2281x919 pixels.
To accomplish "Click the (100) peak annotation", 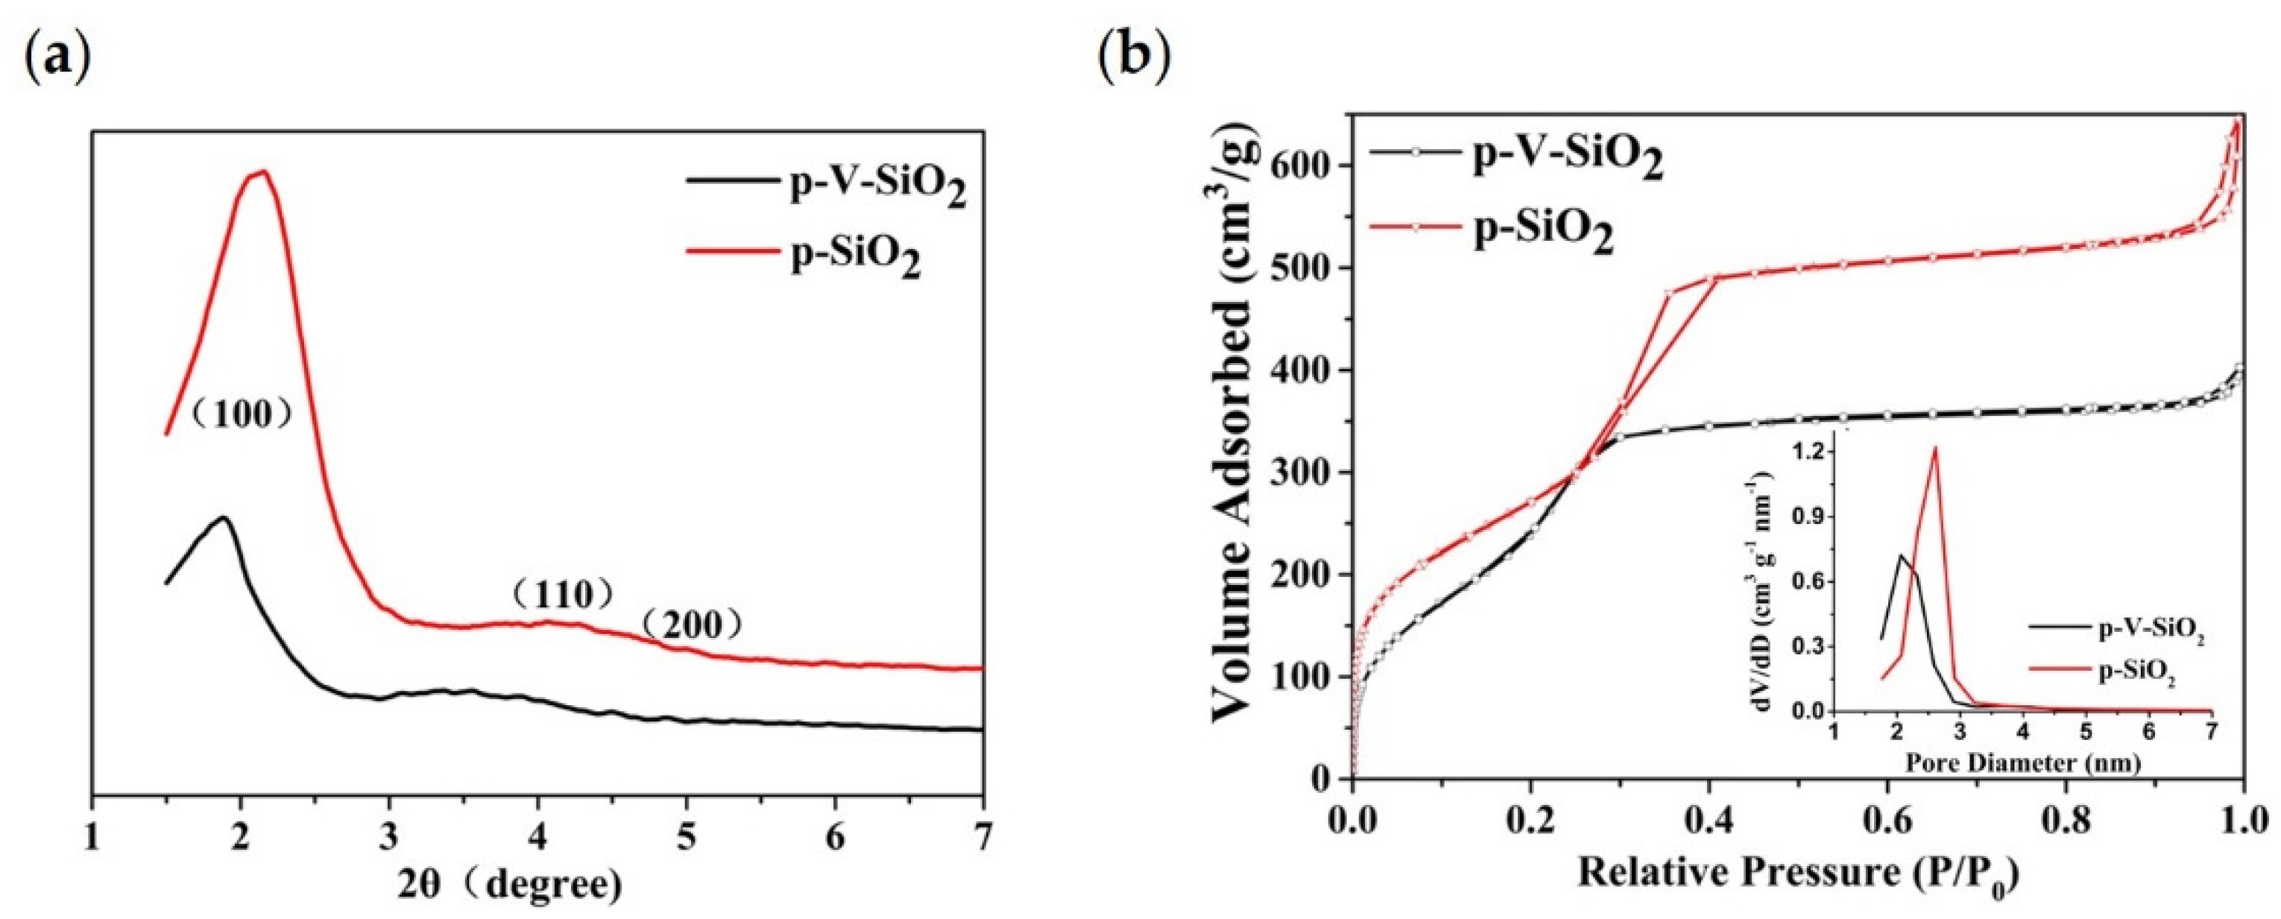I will (242, 414).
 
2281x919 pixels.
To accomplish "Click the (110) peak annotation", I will (563, 594).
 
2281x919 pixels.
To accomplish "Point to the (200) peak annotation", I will (692, 626).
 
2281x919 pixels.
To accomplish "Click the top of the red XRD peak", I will (262, 171).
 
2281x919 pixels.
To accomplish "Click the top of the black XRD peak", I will (224, 517).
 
